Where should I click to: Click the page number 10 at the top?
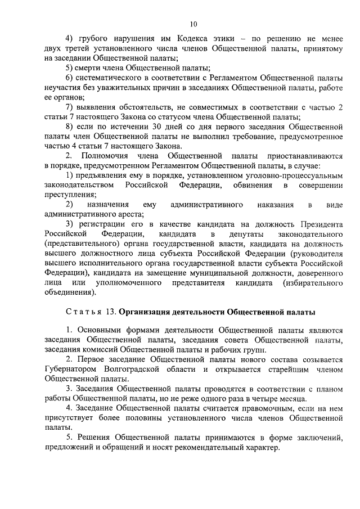193,24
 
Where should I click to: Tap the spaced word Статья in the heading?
82,311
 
